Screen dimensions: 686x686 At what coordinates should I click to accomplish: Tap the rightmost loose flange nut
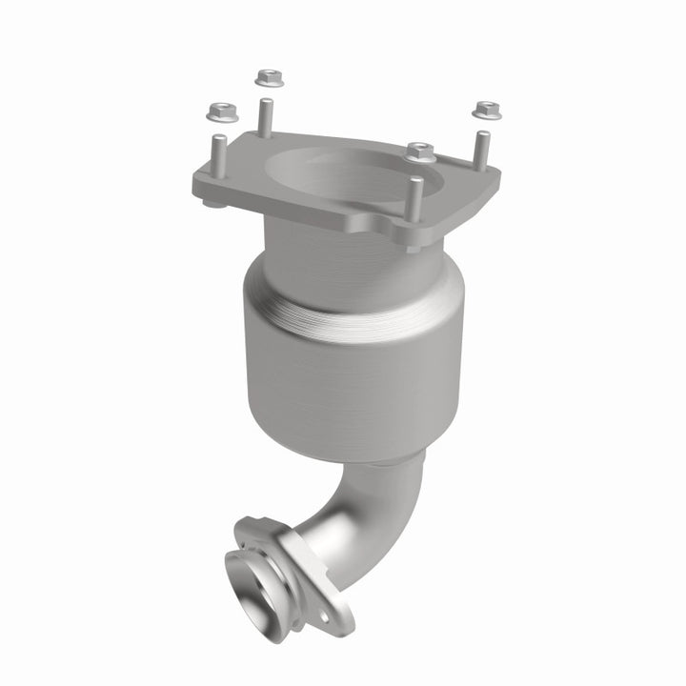tap(488, 110)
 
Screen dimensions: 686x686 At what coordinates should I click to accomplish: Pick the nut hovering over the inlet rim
tap(419, 151)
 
